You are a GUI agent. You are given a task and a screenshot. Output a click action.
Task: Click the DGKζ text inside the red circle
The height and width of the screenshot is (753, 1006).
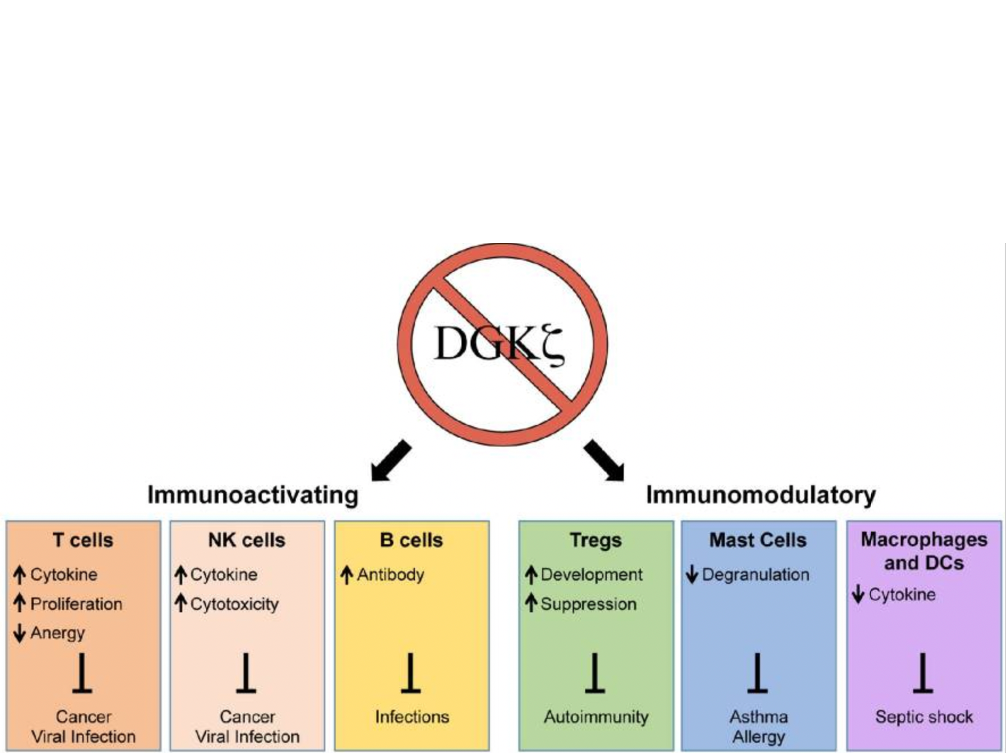coord(498,343)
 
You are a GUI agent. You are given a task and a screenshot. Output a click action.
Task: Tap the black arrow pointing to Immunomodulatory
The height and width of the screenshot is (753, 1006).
coord(604,461)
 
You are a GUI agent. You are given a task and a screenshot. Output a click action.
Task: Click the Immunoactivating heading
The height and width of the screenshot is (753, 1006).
coord(253,494)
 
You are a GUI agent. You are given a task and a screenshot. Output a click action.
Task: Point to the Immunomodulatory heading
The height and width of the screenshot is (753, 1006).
coord(760,494)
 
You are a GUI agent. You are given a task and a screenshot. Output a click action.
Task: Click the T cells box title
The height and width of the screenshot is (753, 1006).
coord(83,540)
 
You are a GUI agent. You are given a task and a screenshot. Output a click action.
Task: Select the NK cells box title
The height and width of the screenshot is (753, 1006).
coord(246,540)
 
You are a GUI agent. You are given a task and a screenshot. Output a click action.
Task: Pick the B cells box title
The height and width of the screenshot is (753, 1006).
coord(411,540)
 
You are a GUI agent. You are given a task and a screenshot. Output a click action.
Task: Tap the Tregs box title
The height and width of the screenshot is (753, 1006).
coord(595,540)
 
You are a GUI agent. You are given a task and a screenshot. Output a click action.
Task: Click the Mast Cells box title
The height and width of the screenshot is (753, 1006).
coord(758,540)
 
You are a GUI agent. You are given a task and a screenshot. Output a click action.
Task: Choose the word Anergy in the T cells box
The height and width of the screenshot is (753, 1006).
coord(58,632)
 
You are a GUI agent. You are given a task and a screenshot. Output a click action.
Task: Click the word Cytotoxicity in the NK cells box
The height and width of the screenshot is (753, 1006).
coord(234,604)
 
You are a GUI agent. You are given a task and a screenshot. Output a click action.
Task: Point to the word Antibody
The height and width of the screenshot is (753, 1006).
coord(390,574)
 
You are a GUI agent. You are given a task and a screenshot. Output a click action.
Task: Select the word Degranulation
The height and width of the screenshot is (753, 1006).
coord(755,574)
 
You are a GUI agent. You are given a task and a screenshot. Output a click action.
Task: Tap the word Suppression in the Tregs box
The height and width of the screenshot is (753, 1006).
coord(588,604)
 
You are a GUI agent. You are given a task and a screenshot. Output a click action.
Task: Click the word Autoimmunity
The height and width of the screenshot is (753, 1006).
coord(596,717)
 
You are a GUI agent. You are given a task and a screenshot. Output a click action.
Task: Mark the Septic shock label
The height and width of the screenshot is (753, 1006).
coord(924,717)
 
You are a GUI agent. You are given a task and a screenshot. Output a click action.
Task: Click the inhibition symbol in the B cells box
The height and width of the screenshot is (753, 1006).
coord(410,673)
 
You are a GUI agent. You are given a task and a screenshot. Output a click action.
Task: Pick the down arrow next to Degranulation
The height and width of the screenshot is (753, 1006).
coord(692,574)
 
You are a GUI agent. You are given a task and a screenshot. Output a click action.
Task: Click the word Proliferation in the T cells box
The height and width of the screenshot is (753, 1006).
coord(76,604)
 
